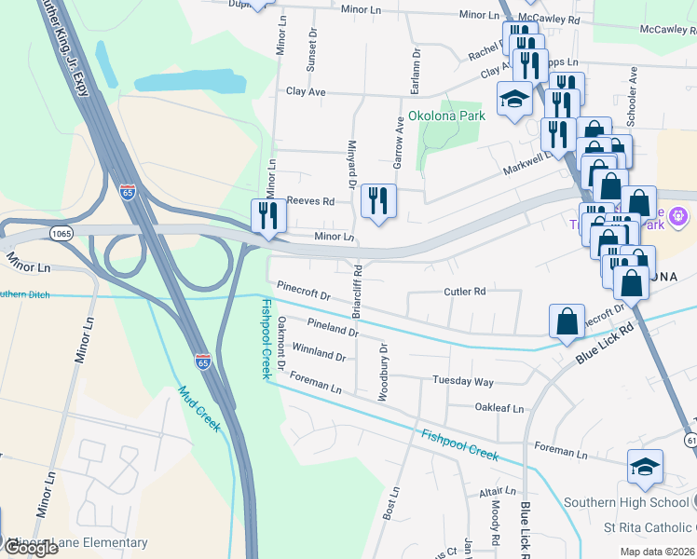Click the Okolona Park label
click(446, 116)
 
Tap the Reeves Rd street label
click(310, 201)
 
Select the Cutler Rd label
click(465, 292)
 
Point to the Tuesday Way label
click(462, 382)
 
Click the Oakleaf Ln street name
click(499, 408)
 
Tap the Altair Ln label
click(498, 491)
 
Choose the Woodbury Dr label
click(382, 372)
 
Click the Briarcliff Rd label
click(358, 289)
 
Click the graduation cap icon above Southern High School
click(645, 467)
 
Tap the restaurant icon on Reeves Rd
click(378, 201)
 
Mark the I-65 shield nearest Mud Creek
click(202, 360)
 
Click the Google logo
click(30, 548)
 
